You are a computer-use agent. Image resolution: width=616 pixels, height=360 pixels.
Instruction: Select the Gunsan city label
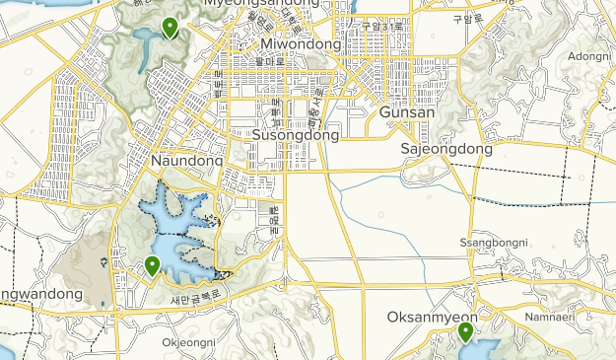click(x=407, y=112)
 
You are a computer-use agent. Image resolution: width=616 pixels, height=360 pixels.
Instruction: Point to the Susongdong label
click(x=296, y=134)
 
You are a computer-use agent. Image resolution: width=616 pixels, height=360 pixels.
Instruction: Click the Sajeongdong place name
click(x=446, y=149)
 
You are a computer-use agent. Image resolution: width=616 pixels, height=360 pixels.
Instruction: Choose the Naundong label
click(x=187, y=159)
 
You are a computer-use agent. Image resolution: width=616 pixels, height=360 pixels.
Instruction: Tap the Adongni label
click(x=589, y=56)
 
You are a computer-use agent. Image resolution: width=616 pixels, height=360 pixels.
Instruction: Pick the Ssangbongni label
click(x=494, y=243)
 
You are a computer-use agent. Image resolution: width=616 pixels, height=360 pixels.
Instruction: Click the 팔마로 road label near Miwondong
click(x=270, y=60)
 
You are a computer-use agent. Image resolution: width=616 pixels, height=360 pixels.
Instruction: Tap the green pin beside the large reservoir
click(x=152, y=263)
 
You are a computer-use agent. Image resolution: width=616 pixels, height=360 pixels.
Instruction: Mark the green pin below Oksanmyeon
click(x=465, y=330)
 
